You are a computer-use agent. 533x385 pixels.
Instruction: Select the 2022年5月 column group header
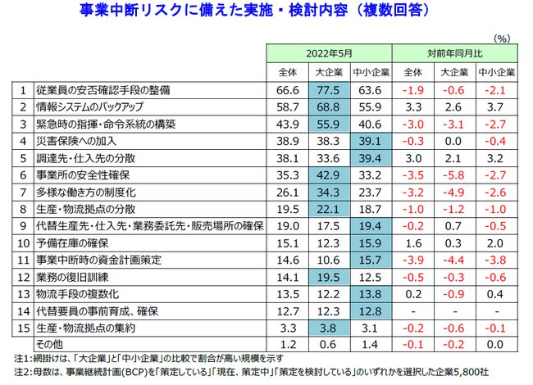(328, 53)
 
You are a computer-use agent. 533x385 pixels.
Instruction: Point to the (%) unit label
(502, 38)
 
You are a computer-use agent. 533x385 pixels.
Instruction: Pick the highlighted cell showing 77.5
(330, 89)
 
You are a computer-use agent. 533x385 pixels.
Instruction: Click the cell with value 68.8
(330, 106)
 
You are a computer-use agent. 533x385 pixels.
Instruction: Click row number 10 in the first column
(24, 242)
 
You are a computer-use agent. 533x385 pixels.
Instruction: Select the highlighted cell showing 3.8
(330, 328)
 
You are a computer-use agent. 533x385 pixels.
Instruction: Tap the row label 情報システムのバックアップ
(106, 106)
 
